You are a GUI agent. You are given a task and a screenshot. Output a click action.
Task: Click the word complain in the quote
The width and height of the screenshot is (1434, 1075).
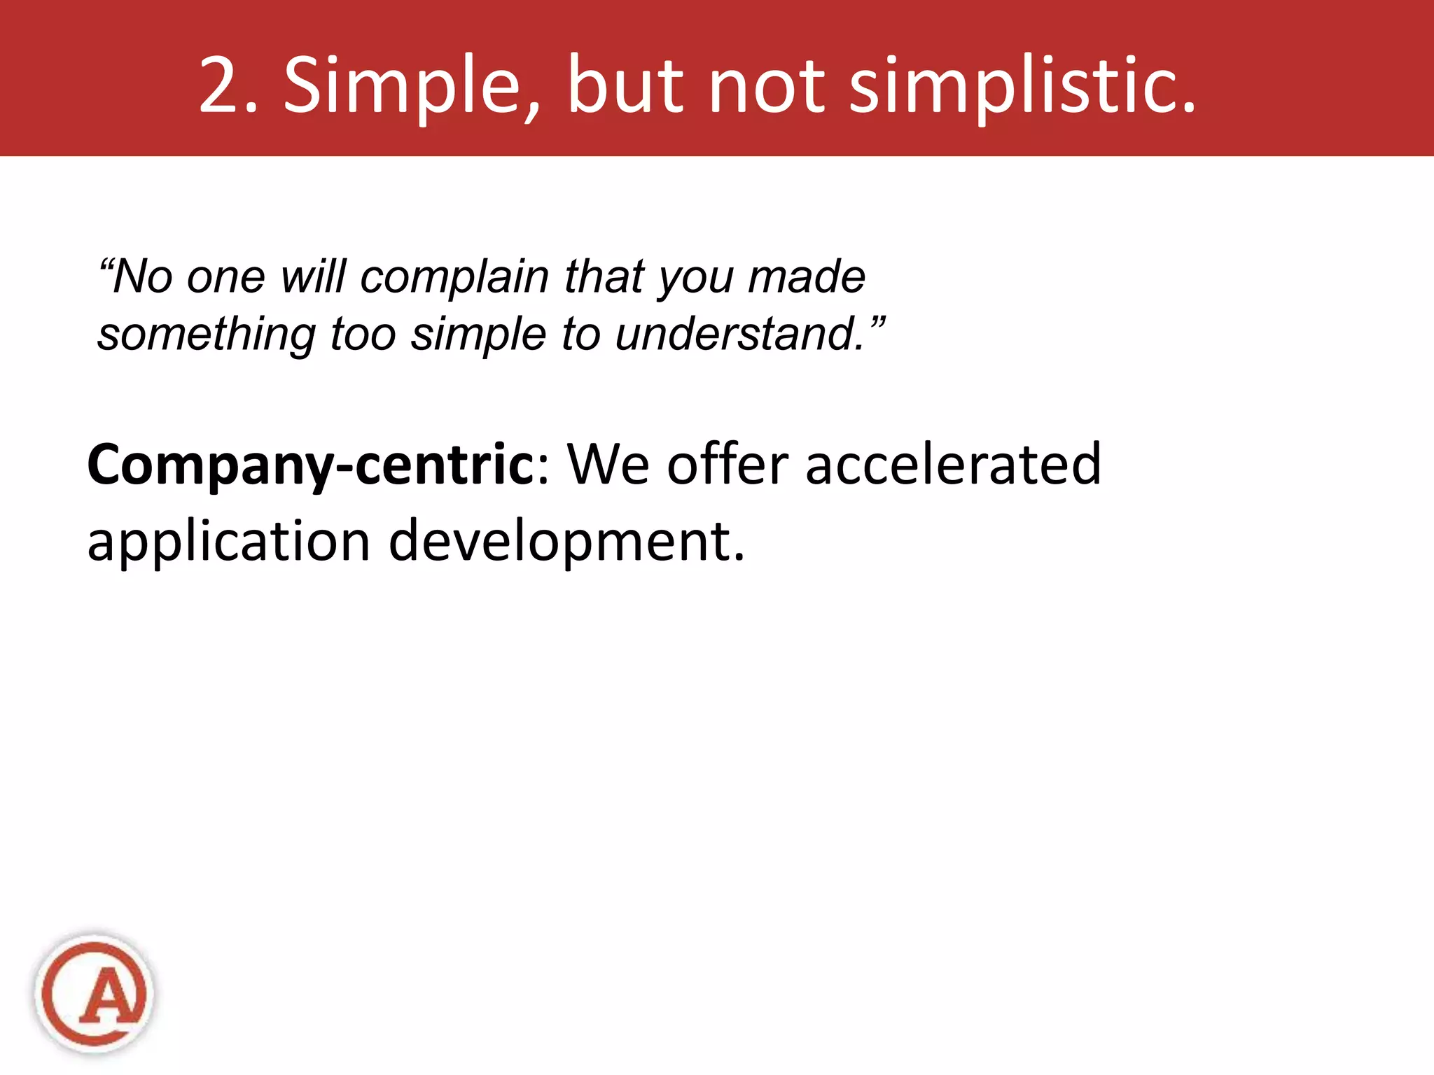454,278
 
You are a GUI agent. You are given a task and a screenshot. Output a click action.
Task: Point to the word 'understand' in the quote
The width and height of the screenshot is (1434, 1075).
739,334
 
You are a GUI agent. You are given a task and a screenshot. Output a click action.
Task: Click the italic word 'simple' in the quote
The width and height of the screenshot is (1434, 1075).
478,335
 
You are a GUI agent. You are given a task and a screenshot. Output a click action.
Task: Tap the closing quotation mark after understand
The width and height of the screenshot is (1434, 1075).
878,324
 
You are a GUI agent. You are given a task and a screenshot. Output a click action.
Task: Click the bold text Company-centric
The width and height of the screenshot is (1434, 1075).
311,465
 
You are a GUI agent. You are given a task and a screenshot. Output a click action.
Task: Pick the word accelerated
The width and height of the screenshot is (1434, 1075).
953,464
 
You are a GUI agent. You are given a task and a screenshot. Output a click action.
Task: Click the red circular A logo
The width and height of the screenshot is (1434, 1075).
95,993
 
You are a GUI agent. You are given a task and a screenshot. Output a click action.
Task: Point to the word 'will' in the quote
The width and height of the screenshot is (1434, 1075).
313,276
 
